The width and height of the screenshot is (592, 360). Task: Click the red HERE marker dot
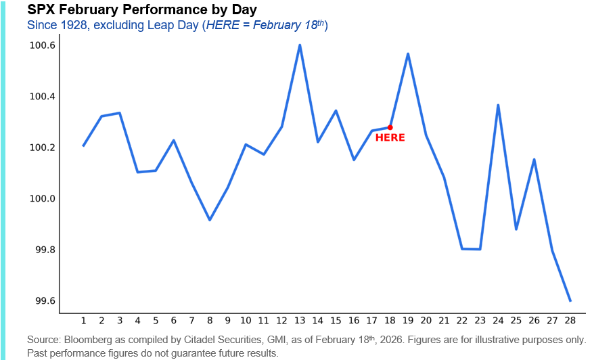tap(390, 127)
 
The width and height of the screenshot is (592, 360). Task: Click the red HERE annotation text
tap(390, 138)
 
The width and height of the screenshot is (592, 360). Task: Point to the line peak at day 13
tap(300, 45)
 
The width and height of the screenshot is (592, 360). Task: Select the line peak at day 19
tap(408, 53)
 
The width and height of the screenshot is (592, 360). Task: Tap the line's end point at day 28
tap(570, 300)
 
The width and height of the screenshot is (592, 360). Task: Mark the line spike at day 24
tap(498, 106)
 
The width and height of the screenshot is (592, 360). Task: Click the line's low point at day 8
tap(210, 220)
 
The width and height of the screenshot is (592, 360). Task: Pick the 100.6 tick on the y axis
tap(42, 45)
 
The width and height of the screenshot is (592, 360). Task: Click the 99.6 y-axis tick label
tap(42, 301)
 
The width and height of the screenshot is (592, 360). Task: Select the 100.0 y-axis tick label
tap(42, 199)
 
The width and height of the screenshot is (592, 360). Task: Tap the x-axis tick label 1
tap(83, 321)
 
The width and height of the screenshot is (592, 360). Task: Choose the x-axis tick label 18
tap(390, 321)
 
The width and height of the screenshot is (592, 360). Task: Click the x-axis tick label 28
tap(570, 321)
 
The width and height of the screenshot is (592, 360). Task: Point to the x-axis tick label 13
tap(300, 321)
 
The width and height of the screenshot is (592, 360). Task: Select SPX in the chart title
tap(41, 10)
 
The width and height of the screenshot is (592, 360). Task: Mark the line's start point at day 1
tap(83, 145)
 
